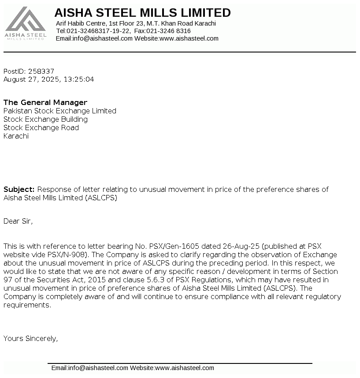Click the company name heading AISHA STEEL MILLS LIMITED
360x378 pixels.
point(142,13)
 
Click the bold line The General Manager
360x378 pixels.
point(45,102)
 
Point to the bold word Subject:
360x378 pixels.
point(19,189)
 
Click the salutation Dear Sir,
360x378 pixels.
point(18,221)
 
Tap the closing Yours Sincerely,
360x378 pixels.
point(31,338)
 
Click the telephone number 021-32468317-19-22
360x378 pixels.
point(98,31)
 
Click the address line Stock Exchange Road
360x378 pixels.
point(41,127)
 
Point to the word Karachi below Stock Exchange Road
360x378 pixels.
point(16,136)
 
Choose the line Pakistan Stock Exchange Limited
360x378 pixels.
point(60,111)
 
